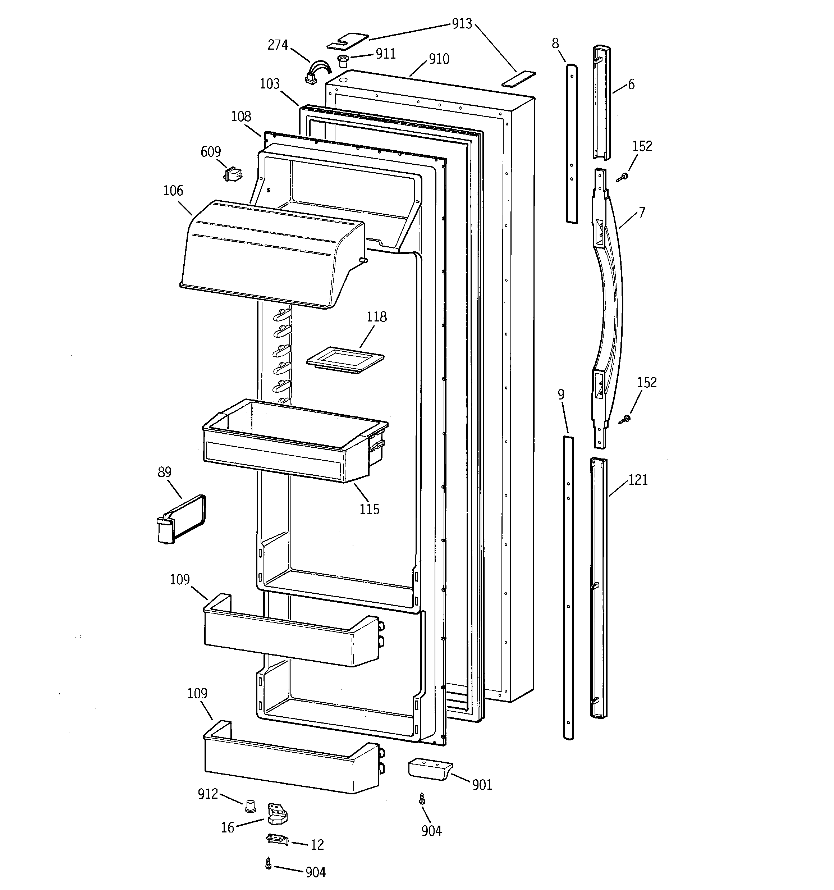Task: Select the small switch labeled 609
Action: pyautogui.click(x=233, y=174)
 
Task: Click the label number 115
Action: pyautogui.click(x=369, y=510)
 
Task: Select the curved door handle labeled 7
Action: pyautogui.click(x=608, y=309)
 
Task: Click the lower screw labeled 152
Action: pyautogui.click(x=625, y=419)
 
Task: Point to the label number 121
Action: pyautogui.click(x=638, y=480)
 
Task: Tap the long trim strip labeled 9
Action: pyautogui.click(x=568, y=587)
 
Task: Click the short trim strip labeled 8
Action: pyautogui.click(x=572, y=143)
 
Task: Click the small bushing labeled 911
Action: pyautogui.click(x=343, y=60)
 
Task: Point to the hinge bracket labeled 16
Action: pyautogui.click(x=277, y=813)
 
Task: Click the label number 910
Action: pyautogui.click(x=439, y=59)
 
